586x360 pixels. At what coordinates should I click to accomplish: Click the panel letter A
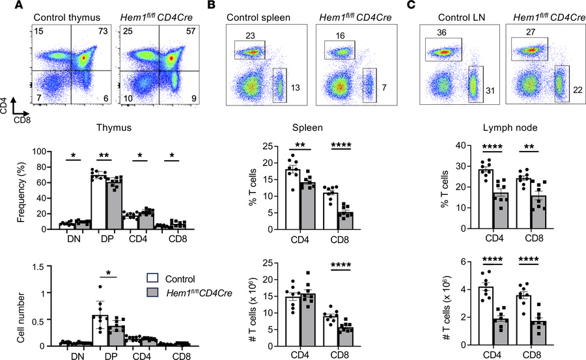tap(7, 7)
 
